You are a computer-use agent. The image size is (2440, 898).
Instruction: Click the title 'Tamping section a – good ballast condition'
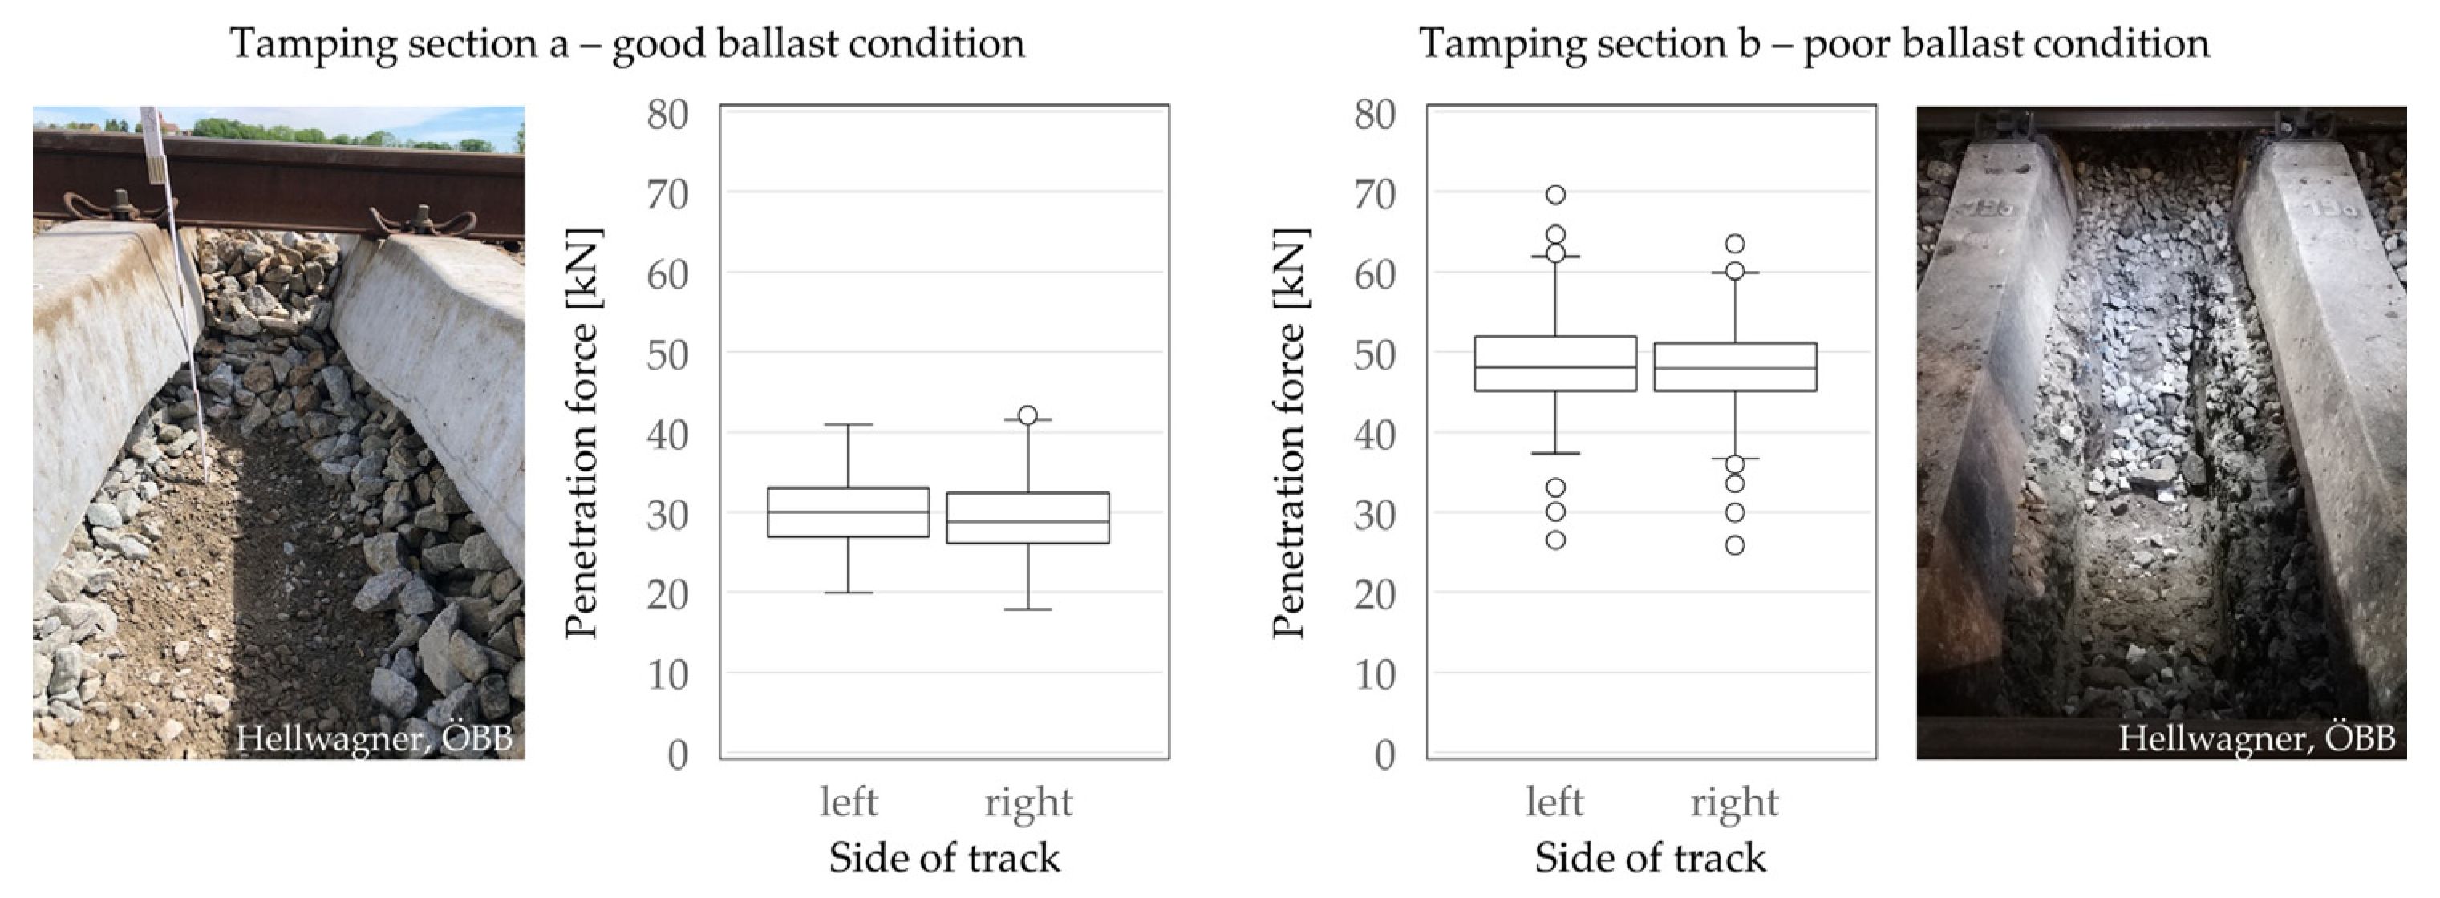(x=627, y=43)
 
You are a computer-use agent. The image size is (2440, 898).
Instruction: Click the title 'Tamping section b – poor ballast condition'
(x=1813, y=43)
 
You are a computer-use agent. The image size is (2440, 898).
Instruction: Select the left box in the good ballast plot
(x=848, y=512)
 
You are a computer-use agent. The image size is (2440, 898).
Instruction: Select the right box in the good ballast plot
(x=1027, y=518)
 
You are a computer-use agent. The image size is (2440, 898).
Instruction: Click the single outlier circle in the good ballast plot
(x=1027, y=415)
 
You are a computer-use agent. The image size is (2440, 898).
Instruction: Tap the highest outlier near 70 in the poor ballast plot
(x=1555, y=195)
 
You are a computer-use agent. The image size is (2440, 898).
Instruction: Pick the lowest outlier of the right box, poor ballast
(x=1734, y=546)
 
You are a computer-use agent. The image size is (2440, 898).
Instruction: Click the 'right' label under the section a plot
(x=1027, y=803)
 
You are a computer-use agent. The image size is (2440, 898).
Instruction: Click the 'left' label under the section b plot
(x=1554, y=803)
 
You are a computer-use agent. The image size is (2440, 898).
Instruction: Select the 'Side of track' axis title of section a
(x=943, y=858)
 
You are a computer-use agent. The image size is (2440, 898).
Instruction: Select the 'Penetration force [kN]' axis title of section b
(x=1290, y=433)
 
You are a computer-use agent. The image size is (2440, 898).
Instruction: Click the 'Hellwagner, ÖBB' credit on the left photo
(x=373, y=738)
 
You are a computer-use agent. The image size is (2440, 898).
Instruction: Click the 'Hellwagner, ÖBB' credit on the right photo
(x=2256, y=738)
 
